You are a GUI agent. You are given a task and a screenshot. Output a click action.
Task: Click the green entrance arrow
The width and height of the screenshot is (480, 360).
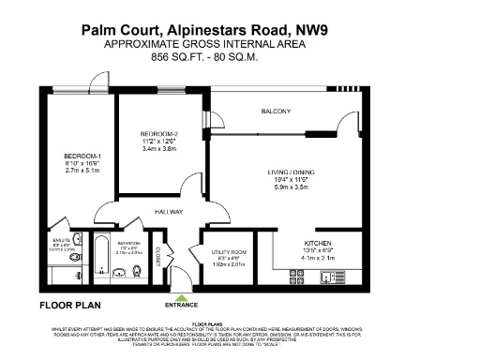(x=181, y=297)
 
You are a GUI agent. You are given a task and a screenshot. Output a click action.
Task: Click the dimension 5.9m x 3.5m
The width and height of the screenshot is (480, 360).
(x=289, y=187)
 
